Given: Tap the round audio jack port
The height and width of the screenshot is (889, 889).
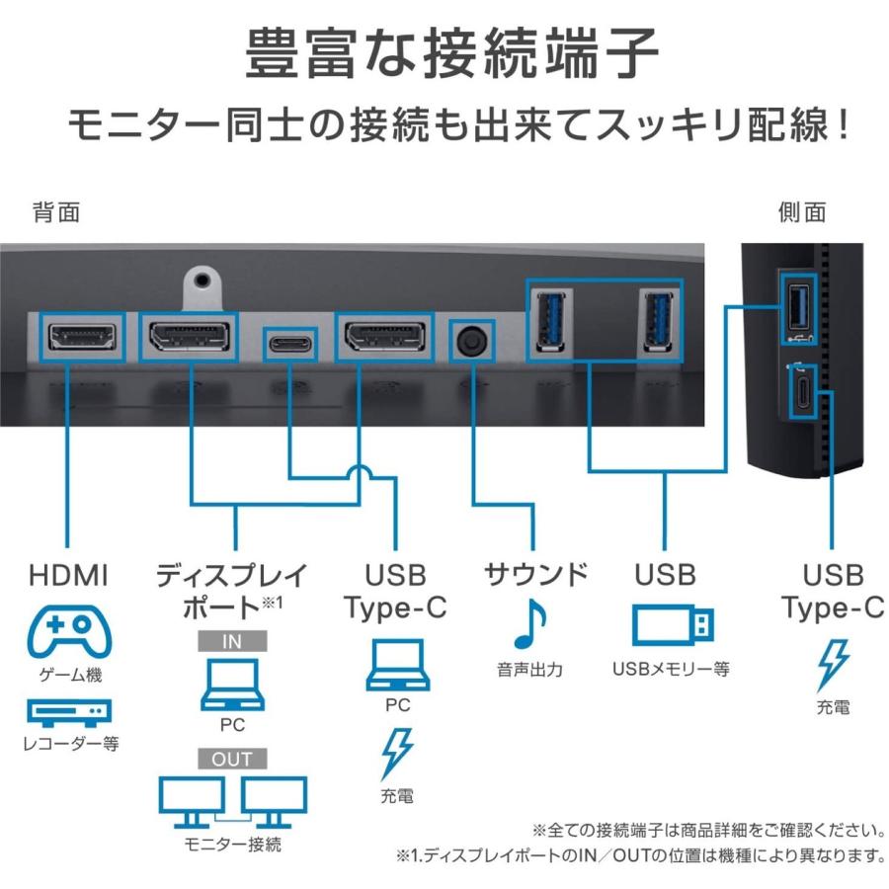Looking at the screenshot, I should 471,341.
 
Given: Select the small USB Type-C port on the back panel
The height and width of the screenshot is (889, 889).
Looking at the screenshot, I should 288,342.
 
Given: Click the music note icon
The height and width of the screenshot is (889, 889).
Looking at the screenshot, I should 529,623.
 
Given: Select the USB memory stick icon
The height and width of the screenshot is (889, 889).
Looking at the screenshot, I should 671,625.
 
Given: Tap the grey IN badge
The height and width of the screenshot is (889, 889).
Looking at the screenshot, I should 232,641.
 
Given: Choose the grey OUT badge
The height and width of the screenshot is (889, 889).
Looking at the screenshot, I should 232,759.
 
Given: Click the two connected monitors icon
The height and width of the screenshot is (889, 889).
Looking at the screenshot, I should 232,801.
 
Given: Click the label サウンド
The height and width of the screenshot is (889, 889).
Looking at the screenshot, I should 535,574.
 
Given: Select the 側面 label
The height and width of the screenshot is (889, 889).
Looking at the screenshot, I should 802,212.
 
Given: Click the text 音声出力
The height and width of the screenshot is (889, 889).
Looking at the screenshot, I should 529,670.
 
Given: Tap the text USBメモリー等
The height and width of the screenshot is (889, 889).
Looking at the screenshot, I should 671,670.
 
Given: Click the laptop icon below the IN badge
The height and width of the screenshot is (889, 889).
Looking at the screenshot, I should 232,687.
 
